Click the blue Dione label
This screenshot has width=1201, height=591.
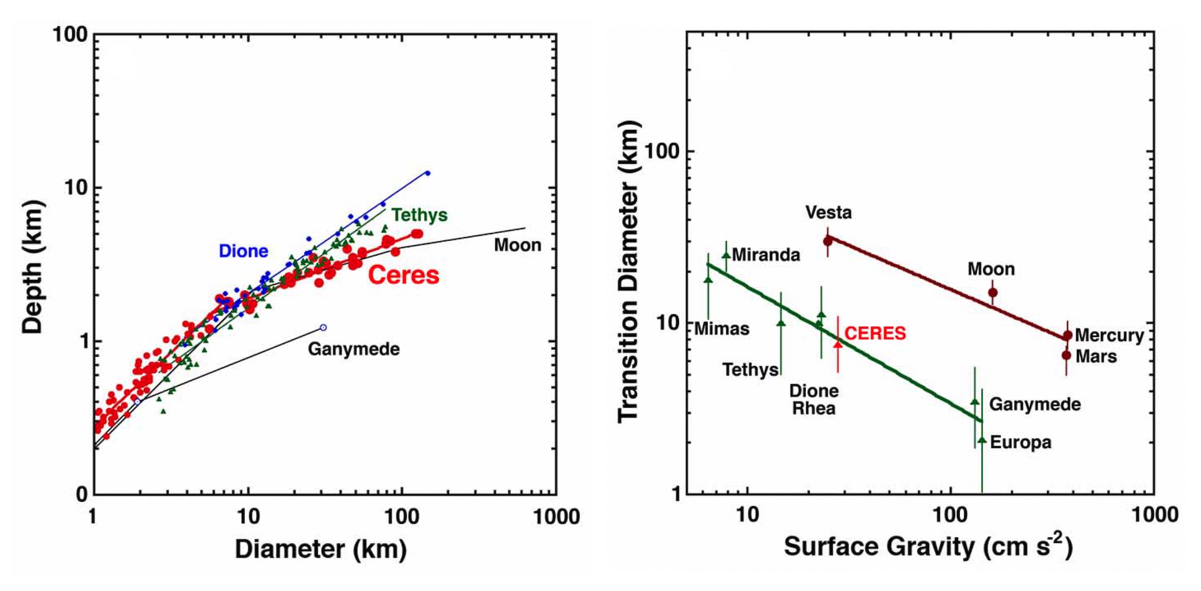point(243,251)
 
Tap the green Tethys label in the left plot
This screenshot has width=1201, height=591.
point(420,215)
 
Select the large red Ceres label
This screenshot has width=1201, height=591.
point(404,275)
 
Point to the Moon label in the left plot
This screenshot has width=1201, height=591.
point(518,245)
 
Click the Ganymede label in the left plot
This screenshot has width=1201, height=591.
point(353,349)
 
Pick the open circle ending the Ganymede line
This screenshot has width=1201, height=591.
point(323,328)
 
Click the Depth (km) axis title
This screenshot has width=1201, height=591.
point(32,266)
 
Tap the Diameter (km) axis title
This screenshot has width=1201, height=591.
point(321,549)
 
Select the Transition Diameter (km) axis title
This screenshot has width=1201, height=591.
point(629,272)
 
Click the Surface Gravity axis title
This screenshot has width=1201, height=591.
point(928,546)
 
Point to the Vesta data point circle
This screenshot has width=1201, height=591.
point(828,241)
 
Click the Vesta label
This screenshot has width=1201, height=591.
point(828,212)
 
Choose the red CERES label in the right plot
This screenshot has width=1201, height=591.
point(875,333)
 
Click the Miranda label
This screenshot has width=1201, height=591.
point(765,255)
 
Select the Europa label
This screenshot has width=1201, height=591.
point(1020,442)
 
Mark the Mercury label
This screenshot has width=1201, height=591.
point(1109,335)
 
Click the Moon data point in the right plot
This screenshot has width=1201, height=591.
point(993,293)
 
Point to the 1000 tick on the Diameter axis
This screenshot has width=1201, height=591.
point(556,517)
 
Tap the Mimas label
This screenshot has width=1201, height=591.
point(722,329)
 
